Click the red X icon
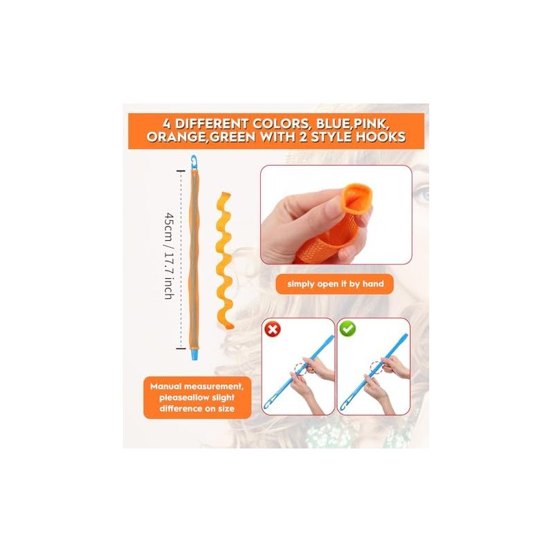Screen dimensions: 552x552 (273, 329)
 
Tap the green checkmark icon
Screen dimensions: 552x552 (348, 329)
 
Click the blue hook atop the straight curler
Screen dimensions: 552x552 (195, 162)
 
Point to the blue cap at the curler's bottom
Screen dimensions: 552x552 (195, 354)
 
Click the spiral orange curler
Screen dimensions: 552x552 (224, 261)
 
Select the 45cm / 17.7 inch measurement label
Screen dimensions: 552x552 (169, 256)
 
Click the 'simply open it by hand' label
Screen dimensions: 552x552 (335, 284)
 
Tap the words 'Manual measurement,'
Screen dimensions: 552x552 (197, 386)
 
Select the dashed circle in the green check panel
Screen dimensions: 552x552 (377, 368)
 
